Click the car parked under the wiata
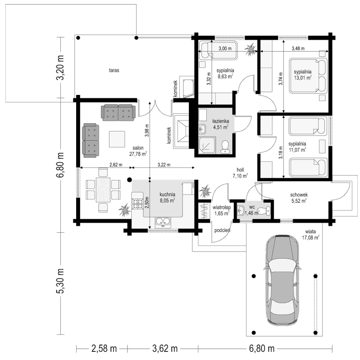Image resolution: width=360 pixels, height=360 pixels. pyautogui.click(x=283, y=280)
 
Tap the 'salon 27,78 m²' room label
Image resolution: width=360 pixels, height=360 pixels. pyautogui.click(x=138, y=151)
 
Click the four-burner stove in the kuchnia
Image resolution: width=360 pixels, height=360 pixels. pyautogui.click(x=137, y=204)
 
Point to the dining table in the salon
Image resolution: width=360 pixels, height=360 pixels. pyautogui.click(x=103, y=189)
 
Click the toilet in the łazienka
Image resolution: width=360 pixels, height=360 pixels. pyautogui.click(x=225, y=147)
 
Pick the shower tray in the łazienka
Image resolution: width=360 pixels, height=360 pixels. pyautogui.click(x=207, y=145)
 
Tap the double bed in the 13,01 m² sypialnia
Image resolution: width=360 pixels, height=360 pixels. pyautogui.click(x=308, y=76)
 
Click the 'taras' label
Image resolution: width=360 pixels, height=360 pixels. pyautogui.click(x=114, y=70)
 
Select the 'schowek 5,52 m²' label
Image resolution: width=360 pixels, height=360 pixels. pyautogui.click(x=299, y=198)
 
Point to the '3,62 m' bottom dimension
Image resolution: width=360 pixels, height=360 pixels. pyautogui.click(x=165, y=348)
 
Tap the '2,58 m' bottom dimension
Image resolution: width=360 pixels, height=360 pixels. pyautogui.click(x=104, y=348)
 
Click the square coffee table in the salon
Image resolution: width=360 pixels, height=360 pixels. pyautogui.click(x=117, y=139)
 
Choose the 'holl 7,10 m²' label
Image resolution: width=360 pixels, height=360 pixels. pyautogui.click(x=240, y=173)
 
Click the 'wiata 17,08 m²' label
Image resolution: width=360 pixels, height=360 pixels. pyautogui.click(x=310, y=234)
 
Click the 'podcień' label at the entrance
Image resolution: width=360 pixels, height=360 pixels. pyautogui.click(x=222, y=230)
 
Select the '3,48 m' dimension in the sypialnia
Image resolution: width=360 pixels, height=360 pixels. pyautogui.click(x=298, y=49)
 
